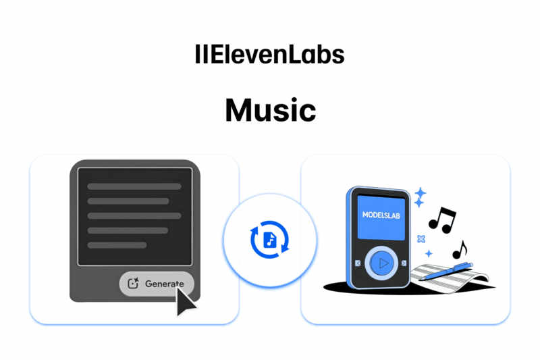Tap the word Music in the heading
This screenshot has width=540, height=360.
[x=270, y=110]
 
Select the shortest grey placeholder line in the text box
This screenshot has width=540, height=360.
[x=117, y=245]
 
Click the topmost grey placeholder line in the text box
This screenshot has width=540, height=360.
[x=134, y=186]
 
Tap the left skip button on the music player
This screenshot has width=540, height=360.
[x=358, y=263]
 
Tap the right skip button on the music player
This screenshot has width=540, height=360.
[x=404, y=263]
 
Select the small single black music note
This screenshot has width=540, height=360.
[x=460, y=251]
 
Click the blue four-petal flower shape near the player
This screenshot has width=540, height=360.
[x=422, y=238]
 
